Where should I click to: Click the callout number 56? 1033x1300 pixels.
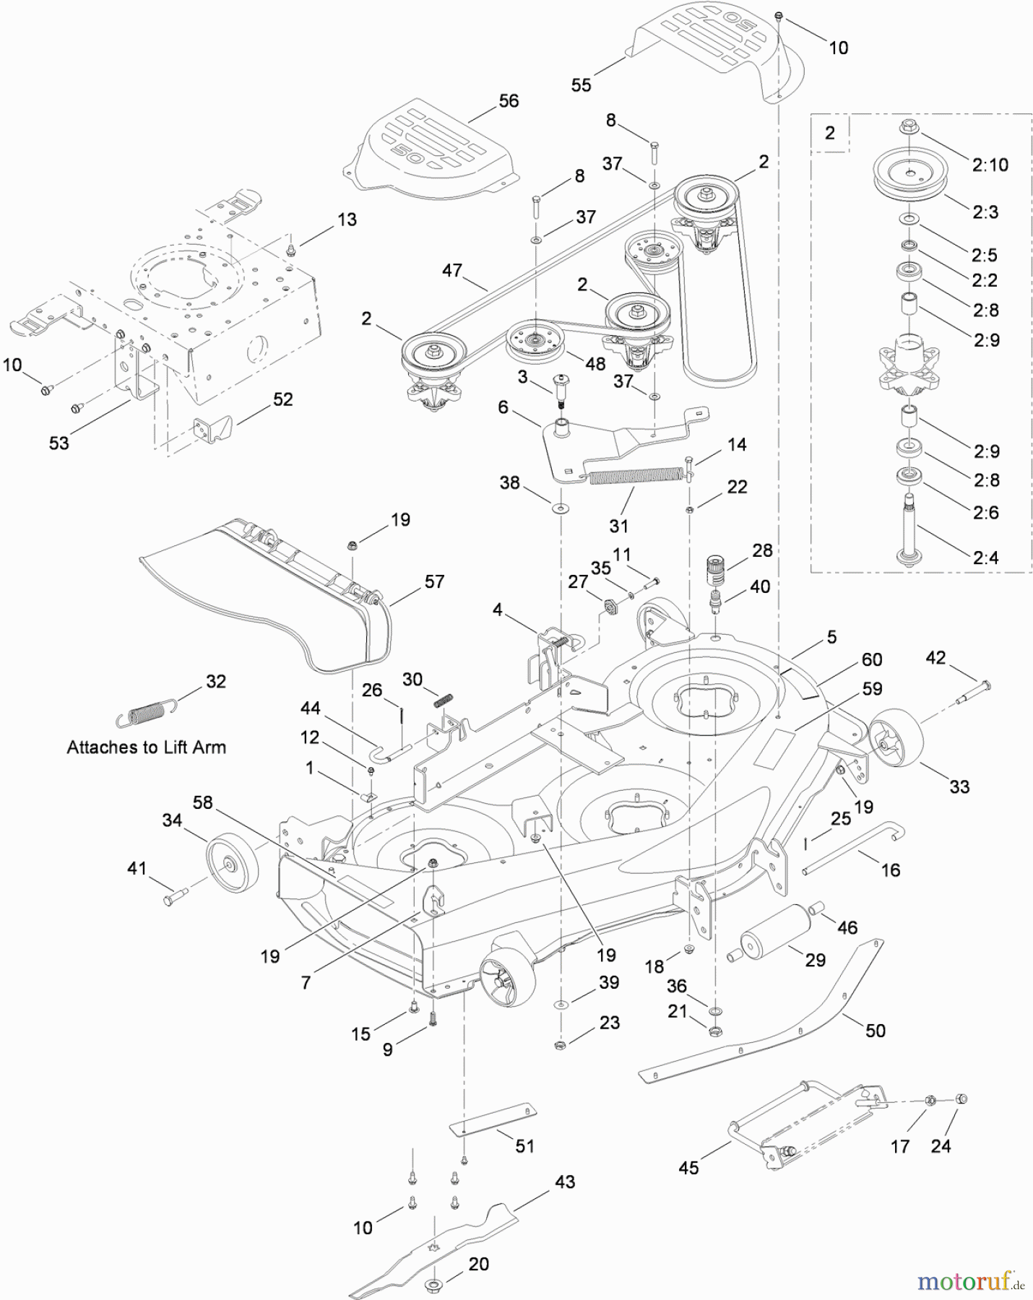(x=509, y=101)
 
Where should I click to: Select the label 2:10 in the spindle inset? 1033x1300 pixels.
(x=990, y=165)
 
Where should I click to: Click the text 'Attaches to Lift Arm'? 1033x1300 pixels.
(x=146, y=747)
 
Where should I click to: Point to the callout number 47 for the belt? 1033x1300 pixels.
(x=451, y=271)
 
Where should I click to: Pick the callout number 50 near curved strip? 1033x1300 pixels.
(x=875, y=1031)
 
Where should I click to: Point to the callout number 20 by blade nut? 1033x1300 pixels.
(x=478, y=1264)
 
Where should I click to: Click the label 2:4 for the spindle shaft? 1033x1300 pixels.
(x=986, y=558)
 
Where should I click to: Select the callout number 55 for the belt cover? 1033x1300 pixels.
(x=581, y=85)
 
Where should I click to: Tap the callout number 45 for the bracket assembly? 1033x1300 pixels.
(x=688, y=1168)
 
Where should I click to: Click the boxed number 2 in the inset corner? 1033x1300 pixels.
(x=829, y=133)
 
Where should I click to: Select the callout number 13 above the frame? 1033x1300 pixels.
(x=347, y=220)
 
